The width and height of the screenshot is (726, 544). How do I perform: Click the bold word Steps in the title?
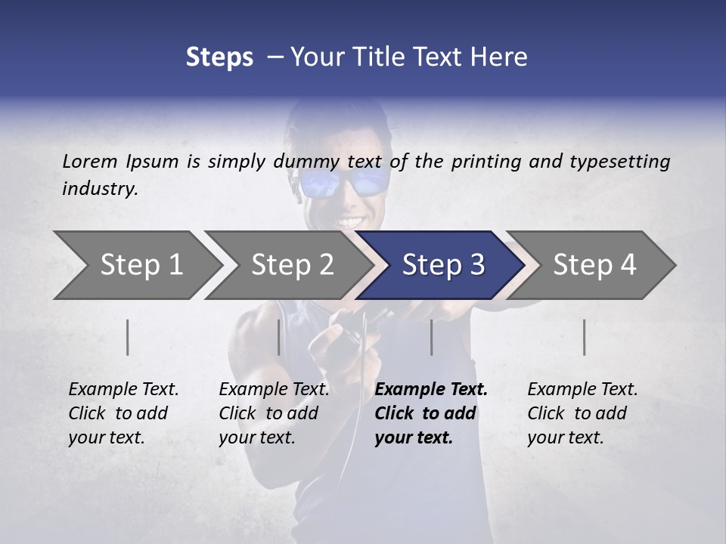click(219, 57)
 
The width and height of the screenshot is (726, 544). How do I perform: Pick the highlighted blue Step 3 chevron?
click(443, 264)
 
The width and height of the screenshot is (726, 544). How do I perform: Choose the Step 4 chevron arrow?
click(594, 264)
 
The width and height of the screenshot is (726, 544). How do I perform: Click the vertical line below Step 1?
click(128, 337)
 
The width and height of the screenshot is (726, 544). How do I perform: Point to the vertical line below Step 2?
click(279, 337)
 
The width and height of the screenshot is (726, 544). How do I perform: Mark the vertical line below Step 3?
click(432, 337)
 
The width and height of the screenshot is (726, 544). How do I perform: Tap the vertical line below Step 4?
click(585, 337)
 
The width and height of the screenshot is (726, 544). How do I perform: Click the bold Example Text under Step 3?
click(431, 390)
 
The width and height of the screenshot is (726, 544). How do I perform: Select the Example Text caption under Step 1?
click(123, 390)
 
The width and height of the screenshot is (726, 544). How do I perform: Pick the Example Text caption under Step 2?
click(274, 390)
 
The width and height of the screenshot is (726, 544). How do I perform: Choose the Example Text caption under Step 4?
click(582, 390)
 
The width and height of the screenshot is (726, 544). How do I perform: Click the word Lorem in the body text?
click(90, 162)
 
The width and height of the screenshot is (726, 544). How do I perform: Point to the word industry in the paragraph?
click(100, 189)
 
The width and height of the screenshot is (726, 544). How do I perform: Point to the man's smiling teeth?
click(350, 222)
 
